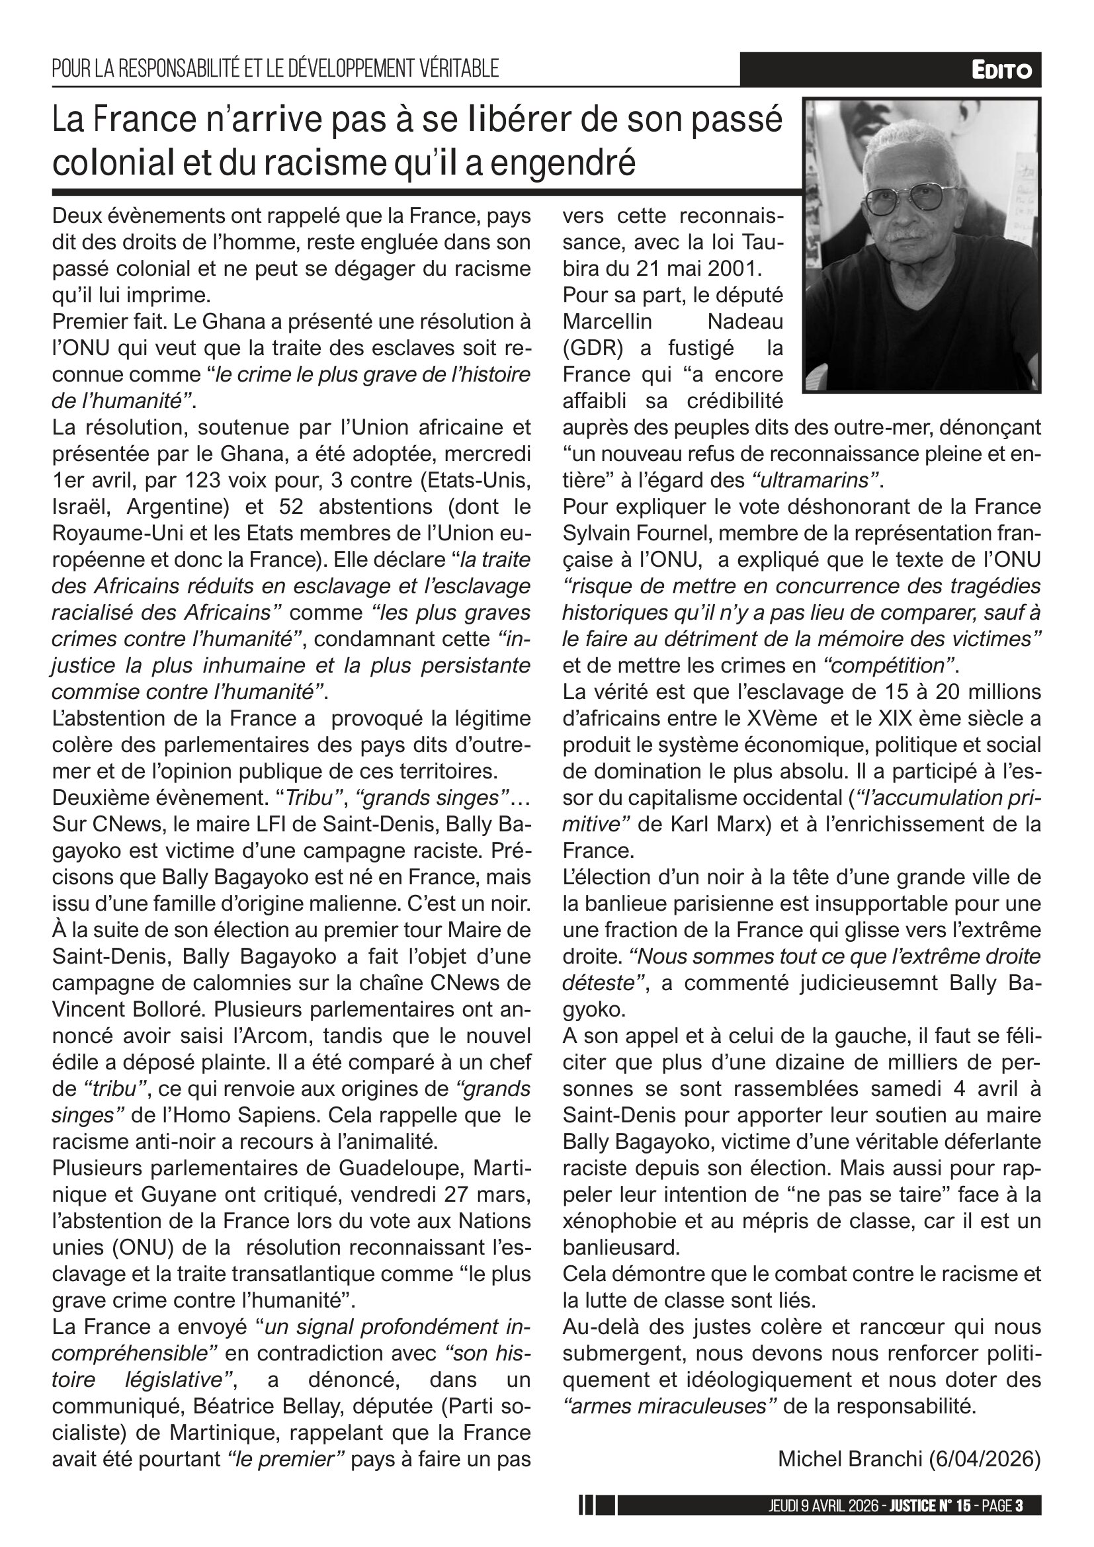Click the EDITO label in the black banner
1001,70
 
